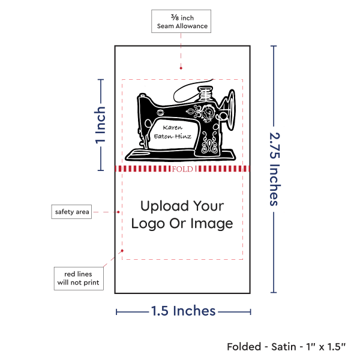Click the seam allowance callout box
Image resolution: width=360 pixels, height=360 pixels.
click(182, 21)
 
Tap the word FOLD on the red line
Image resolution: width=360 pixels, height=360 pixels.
click(182, 169)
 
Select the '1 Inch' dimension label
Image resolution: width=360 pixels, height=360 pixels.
click(101, 125)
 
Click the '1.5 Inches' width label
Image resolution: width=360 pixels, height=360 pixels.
click(183, 311)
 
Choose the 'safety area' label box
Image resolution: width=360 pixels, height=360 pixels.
click(72, 211)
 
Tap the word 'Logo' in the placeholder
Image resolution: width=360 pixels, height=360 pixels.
click(146, 224)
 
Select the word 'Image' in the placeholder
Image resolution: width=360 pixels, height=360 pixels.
click(213, 224)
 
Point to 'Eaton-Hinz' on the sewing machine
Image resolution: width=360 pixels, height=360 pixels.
click(172, 136)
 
